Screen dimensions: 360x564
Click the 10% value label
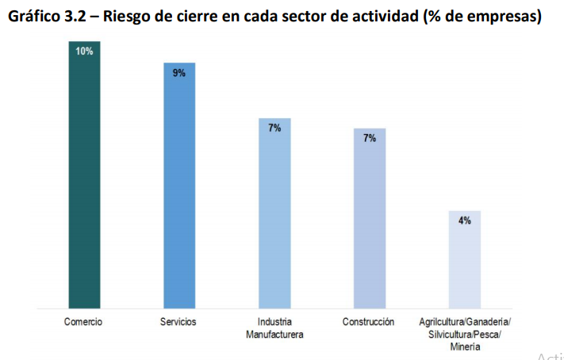tap(84, 51)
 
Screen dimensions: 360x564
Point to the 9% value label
tap(179, 72)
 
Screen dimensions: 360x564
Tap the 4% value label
tap(465, 220)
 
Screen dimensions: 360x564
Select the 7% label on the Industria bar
tap(274, 128)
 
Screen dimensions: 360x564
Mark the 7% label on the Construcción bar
tap(370, 138)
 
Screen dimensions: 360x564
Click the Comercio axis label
tap(83, 322)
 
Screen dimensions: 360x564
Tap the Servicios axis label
tap(178, 322)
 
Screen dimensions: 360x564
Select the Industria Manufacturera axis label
tap(274, 328)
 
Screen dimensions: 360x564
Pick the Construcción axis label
tap(369, 322)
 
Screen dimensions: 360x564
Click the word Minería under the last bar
tap(465, 347)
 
